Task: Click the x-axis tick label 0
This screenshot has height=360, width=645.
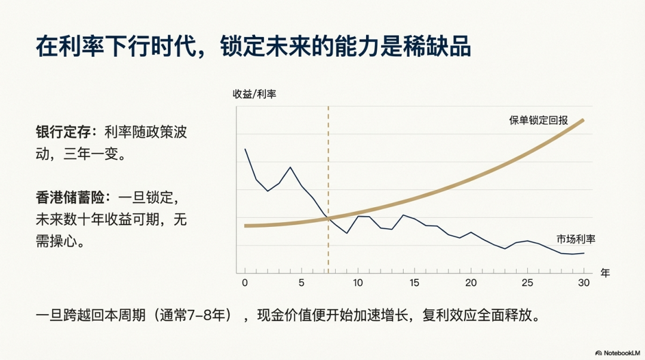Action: click(245, 283)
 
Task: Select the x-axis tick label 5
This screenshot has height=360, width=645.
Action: click(302, 283)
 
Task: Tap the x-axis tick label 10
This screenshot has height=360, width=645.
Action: click(358, 283)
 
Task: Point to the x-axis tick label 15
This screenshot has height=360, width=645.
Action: click(414, 283)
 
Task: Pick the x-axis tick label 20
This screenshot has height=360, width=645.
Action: click(471, 283)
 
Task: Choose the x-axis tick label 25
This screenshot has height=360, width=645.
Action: click(527, 283)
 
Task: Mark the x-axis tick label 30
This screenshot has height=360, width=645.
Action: click(584, 283)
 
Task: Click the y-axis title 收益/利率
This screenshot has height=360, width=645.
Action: click(254, 94)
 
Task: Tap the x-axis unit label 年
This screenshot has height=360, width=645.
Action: click(605, 273)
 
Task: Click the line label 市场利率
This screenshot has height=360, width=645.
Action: click(576, 239)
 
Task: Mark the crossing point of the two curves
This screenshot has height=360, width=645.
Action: click(328, 219)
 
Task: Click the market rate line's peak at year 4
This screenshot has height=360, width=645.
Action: click(290, 167)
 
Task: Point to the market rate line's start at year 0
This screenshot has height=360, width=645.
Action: click(245, 149)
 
